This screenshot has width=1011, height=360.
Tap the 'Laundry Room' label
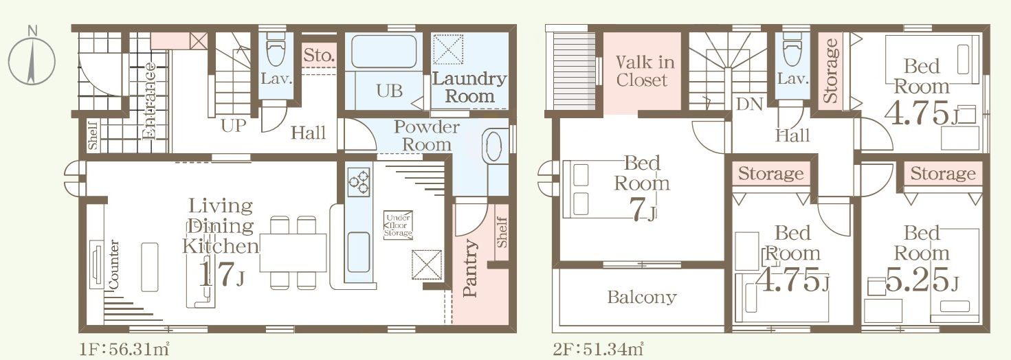coord(469,87)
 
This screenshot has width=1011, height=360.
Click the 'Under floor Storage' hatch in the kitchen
coord(398,225)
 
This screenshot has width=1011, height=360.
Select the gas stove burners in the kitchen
coord(359,182)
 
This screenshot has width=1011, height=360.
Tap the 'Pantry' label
coord(470,268)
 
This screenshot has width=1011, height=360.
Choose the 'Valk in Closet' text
coord(644,71)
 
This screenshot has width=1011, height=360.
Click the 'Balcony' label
coord(642,297)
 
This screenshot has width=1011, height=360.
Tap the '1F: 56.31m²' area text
coord(124,349)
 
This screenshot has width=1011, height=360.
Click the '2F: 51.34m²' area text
coord(599,349)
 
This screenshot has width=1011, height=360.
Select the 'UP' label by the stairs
coord(234,126)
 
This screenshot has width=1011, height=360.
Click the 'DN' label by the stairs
coord(749,104)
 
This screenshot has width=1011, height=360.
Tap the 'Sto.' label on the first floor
coord(319,56)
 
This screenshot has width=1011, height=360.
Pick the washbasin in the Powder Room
coord(492,146)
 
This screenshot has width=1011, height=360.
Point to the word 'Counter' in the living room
coord(113,265)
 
